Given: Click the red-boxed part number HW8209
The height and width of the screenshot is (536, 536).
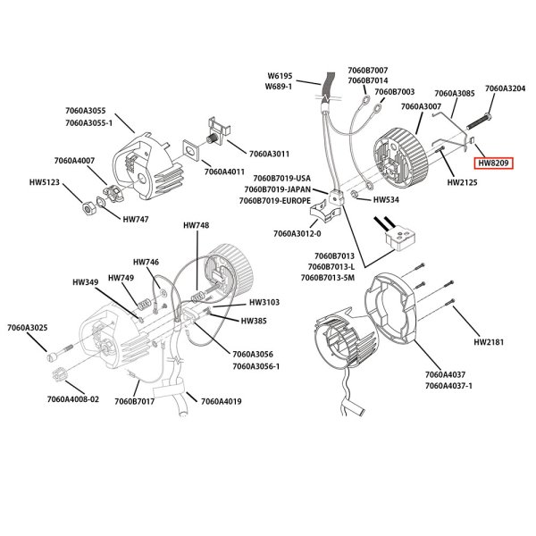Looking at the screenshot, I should [491, 163].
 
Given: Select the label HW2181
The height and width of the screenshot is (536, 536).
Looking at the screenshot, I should [490, 341].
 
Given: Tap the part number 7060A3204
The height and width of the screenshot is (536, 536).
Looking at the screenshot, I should [505, 88].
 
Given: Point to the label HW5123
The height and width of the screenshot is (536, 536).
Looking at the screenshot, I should [45, 182].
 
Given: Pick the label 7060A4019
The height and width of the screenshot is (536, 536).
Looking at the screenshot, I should [221, 401].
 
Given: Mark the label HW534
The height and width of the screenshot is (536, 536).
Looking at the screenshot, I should [385, 201].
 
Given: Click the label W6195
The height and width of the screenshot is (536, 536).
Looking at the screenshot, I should [281, 76].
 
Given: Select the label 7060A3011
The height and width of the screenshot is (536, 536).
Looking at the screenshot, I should [269, 153].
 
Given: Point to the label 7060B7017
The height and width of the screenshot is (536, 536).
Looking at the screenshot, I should [134, 401].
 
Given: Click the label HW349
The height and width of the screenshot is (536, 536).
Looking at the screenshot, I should [86, 283].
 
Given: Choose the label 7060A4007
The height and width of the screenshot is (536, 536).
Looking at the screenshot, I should [74, 161].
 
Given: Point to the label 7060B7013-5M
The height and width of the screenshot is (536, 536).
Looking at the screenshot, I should [328, 278].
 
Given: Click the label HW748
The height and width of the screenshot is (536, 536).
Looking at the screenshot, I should [196, 224].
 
